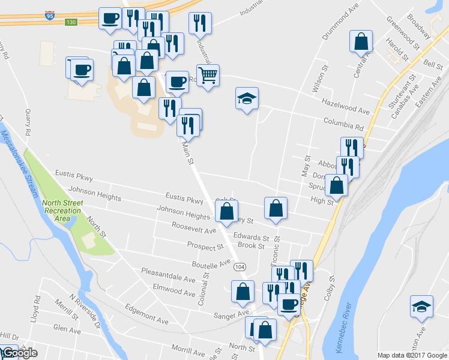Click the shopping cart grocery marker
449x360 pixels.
point(208,76)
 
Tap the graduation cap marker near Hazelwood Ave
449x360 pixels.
point(246,99)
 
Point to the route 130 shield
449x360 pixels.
point(71,22)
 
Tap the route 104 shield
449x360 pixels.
point(240,266)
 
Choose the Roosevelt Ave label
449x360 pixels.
point(193,230)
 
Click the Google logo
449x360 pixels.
point(19,353)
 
